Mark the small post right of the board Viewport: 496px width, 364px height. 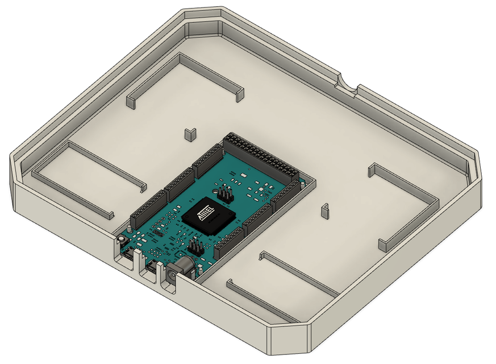click(324, 210)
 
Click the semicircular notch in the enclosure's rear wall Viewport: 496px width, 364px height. click(347, 85)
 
